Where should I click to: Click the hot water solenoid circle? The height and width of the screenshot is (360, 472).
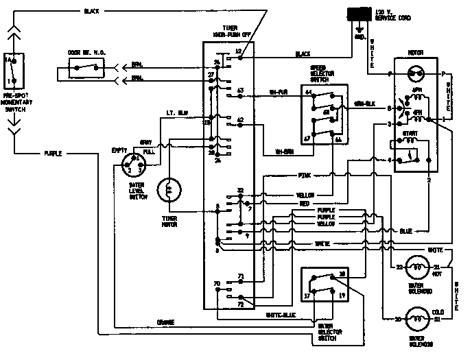(416, 268)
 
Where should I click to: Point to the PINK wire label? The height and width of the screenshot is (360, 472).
(305, 175)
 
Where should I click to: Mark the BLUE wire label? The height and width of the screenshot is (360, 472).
(405, 231)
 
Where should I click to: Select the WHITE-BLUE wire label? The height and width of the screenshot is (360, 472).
(281, 314)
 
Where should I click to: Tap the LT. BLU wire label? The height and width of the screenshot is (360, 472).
(176, 113)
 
